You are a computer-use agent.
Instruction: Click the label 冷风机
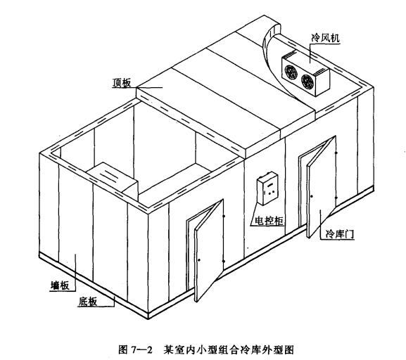tap(325, 38)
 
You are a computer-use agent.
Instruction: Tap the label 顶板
tap(122, 83)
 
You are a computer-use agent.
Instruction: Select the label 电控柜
tap(269, 221)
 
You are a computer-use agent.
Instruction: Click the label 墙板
tap(60, 285)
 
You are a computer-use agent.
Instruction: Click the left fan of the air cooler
tap(291, 72)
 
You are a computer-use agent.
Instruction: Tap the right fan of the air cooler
tap(307, 81)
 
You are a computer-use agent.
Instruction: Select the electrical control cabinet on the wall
tap(267, 188)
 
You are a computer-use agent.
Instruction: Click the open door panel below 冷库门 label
tap(322, 186)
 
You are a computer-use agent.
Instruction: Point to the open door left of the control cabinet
tap(209, 250)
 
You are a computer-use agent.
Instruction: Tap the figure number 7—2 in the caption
tap(141, 350)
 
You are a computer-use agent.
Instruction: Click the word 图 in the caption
tap(122, 350)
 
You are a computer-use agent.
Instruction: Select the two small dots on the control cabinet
tap(271, 193)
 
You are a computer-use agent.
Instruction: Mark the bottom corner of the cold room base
tap(148, 319)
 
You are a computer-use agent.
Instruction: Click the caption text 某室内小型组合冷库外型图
tap(229, 350)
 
